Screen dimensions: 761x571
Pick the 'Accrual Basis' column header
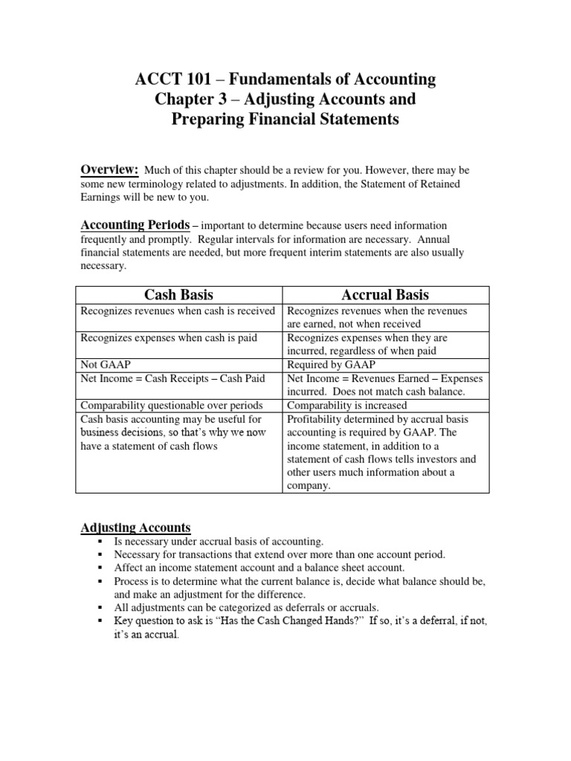point(385,294)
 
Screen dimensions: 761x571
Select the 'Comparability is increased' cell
point(346,406)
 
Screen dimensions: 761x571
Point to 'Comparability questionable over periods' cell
point(171,406)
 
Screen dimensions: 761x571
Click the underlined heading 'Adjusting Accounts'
point(135,528)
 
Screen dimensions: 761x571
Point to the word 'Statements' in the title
point(354,118)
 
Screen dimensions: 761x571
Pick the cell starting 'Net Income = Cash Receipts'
point(172,378)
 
